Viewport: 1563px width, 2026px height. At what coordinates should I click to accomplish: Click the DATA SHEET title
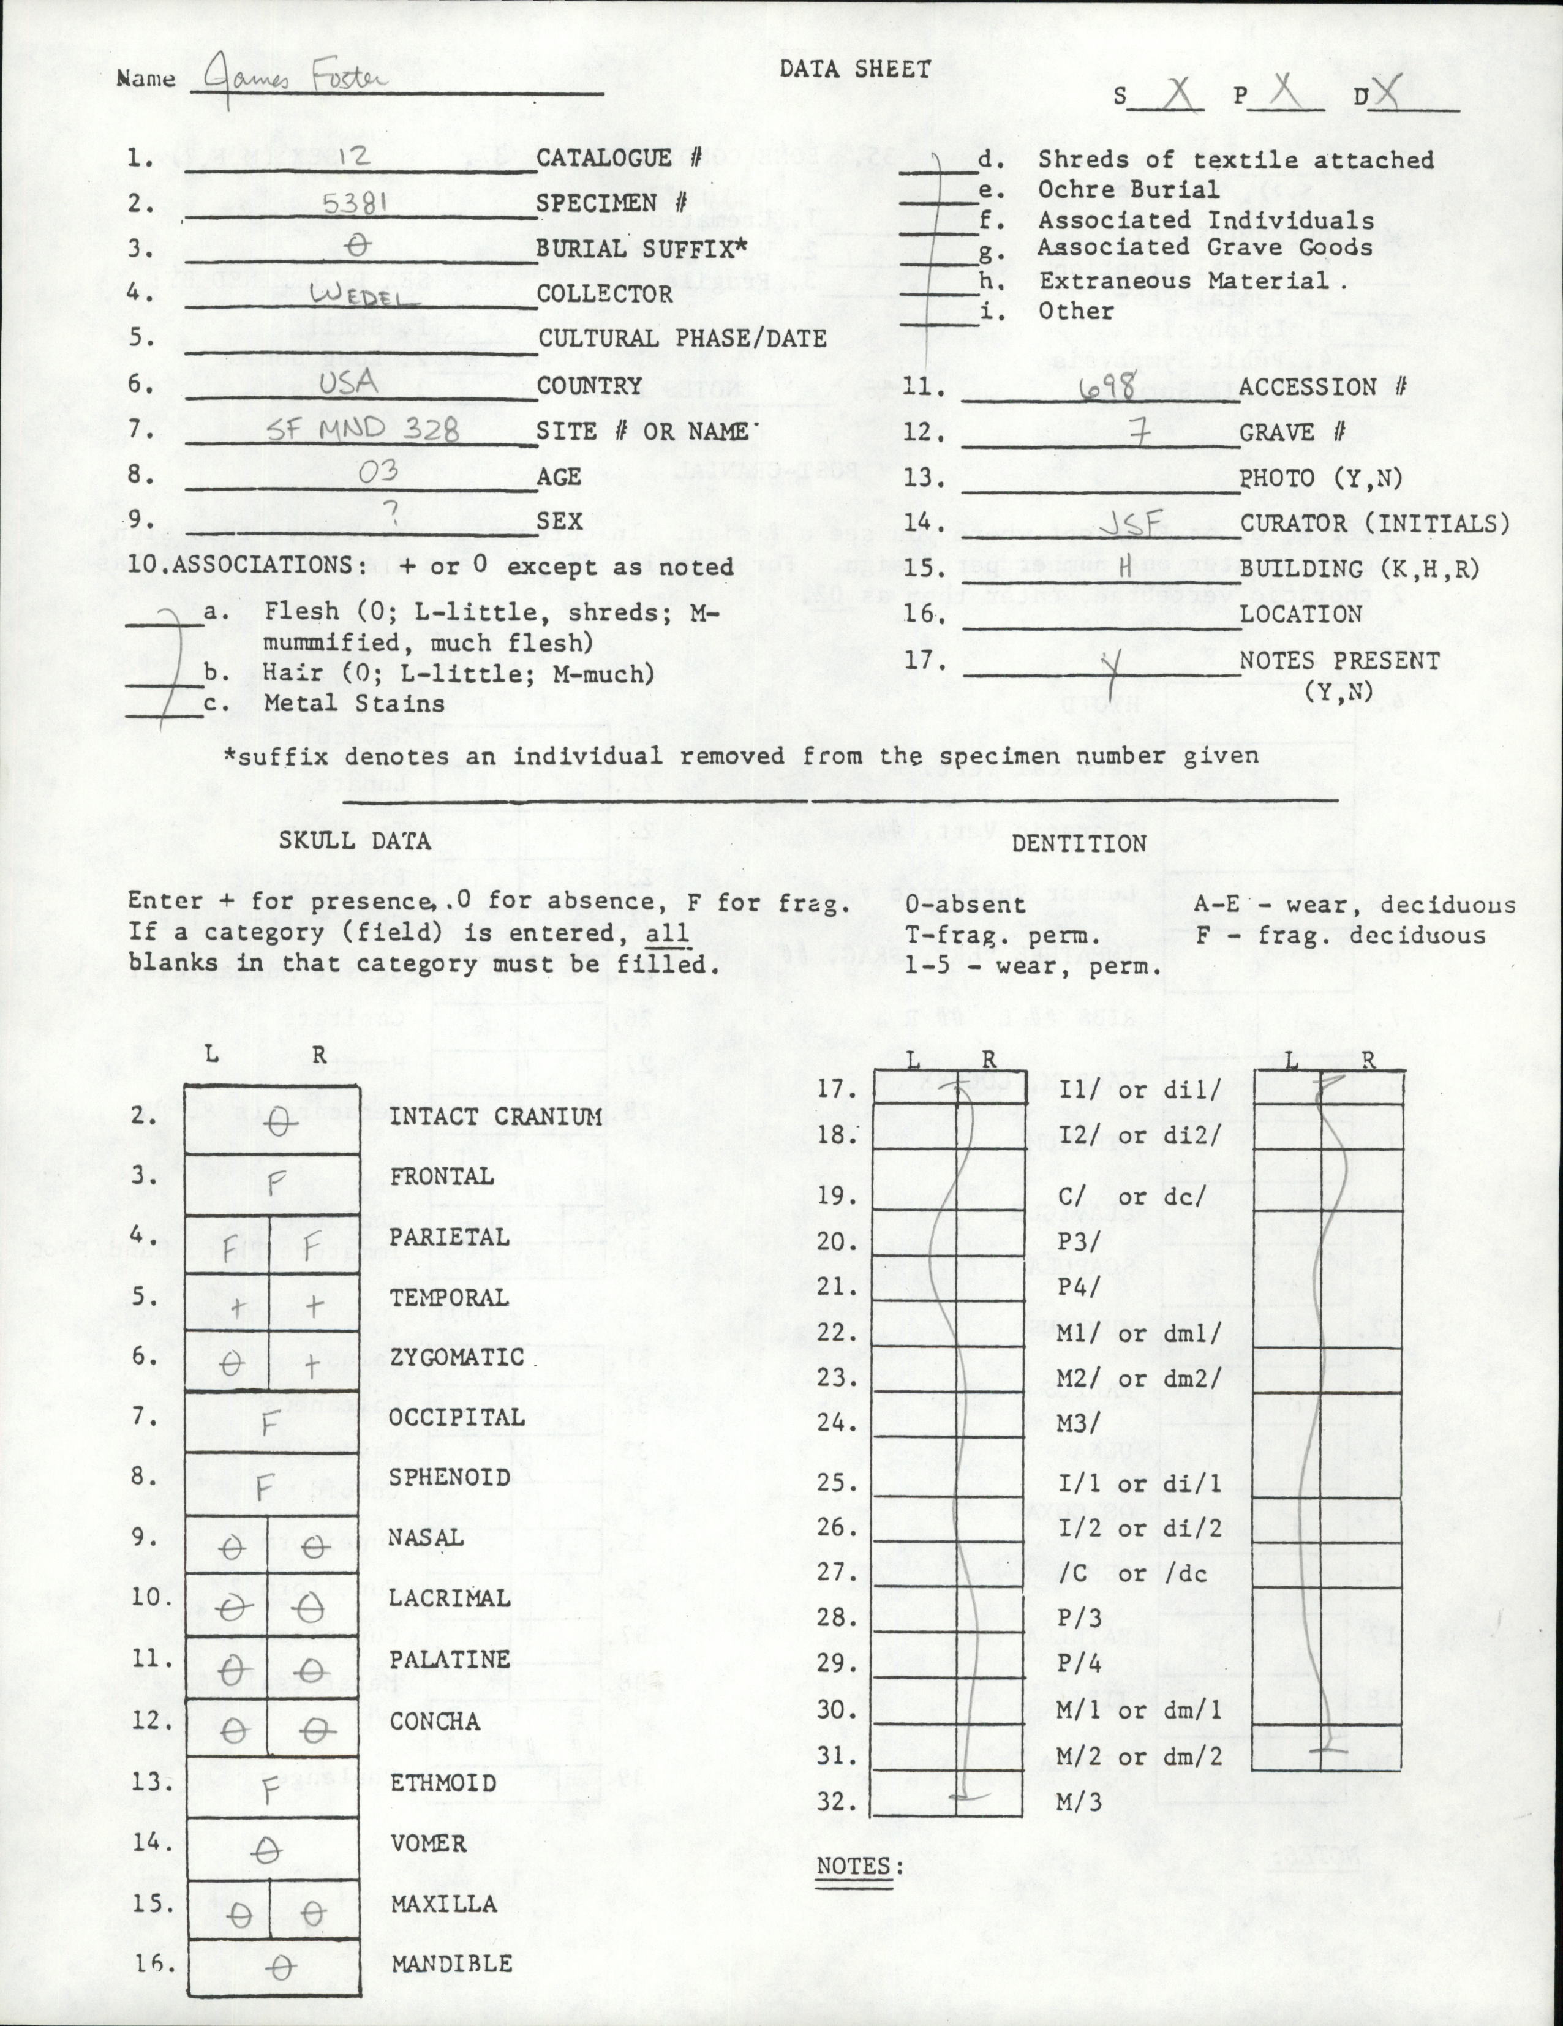click(x=855, y=69)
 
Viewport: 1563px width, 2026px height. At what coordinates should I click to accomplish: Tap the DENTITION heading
click(x=1079, y=843)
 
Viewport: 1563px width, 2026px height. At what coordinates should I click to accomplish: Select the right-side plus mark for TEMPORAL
click(x=314, y=1306)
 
